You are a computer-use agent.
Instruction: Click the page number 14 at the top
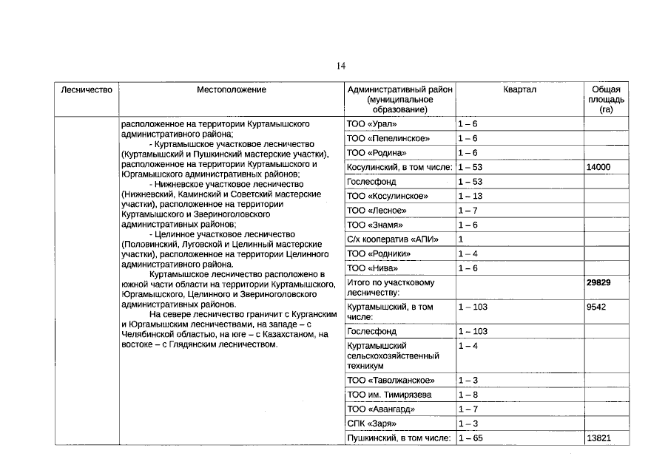point(341,66)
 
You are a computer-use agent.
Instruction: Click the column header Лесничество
point(86,89)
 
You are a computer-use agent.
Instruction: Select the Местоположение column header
point(232,89)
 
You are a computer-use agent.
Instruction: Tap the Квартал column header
point(519,89)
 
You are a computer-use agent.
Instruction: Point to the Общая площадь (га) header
point(607,99)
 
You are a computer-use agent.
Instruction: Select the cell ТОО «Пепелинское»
point(388,138)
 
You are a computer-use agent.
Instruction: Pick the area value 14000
point(598,167)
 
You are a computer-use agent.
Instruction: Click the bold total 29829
point(598,282)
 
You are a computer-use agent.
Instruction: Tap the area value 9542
point(596,307)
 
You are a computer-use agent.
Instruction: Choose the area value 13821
point(598,438)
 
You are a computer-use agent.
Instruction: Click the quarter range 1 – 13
point(470,196)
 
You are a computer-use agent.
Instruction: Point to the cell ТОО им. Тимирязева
point(389,395)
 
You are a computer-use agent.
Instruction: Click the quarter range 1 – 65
point(470,438)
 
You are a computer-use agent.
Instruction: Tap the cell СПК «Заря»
point(371,423)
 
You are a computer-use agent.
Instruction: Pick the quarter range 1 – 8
point(468,395)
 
